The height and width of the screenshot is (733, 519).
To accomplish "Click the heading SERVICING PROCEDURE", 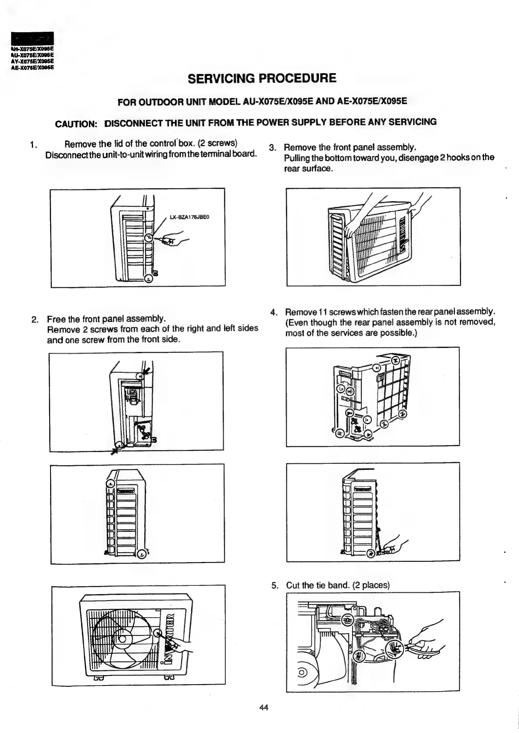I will [x=262, y=78].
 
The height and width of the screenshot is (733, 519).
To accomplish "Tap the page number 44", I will [x=264, y=707].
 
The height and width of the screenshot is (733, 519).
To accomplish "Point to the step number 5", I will [x=274, y=585].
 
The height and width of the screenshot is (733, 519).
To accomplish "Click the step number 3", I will [x=272, y=148].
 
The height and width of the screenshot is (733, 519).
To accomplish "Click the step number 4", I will [x=274, y=312].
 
